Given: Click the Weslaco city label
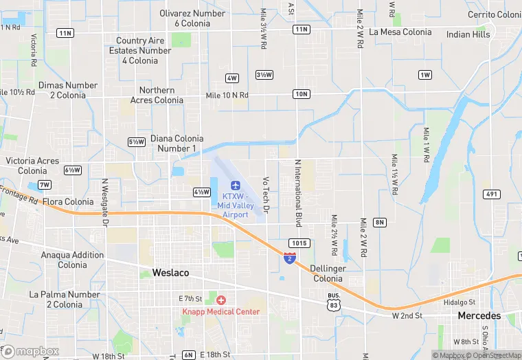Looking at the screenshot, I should coord(170,273).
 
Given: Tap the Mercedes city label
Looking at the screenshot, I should coord(479,316).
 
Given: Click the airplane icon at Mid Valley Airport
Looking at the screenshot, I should coord(236,185).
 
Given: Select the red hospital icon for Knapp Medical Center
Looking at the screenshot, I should coord(221,300).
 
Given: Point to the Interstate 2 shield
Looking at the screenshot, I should coord(290,258).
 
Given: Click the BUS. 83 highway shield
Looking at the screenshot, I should coord(333,300).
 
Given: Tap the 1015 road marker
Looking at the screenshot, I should coord(299,243).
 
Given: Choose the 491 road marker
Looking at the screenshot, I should coord(491,194).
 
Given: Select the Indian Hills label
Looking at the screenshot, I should coord(468,34).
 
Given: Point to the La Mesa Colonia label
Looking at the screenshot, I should coord(400,32).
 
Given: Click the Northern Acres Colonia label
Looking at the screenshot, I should coord(161,95).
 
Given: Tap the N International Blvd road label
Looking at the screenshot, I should coord(298,193).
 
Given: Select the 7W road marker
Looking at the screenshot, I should coord(45,185).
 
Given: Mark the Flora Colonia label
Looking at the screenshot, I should coord(68,202).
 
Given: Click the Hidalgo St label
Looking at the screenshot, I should coord(459,302).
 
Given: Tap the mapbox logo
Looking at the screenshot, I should coord(31,351).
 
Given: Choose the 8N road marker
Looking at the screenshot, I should coord(380,222).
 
